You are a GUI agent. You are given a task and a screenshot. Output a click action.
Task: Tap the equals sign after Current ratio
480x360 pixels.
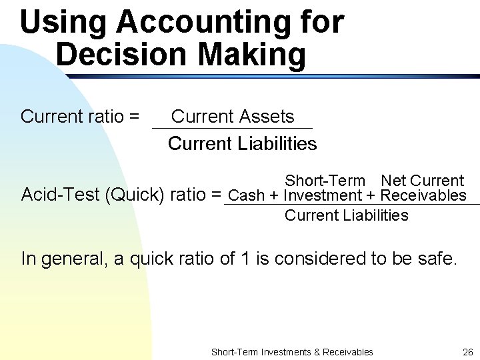pyautogui.click(x=134, y=117)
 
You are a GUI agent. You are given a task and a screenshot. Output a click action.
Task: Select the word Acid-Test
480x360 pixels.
pyautogui.click(x=61, y=195)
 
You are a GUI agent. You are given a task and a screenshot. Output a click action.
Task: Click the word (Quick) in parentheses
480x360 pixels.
pyautogui.click(x=136, y=195)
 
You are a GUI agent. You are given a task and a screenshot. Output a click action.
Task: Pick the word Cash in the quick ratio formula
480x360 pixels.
pyautogui.click(x=246, y=196)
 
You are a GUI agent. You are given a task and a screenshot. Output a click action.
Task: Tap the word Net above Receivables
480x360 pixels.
pyautogui.click(x=393, y=181)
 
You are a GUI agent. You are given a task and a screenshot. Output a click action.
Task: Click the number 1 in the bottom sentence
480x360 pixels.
pyautogui.click(x=243, y=259)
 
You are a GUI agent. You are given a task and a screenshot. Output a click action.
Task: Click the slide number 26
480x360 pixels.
pyautogui.click(x=467, y=352)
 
